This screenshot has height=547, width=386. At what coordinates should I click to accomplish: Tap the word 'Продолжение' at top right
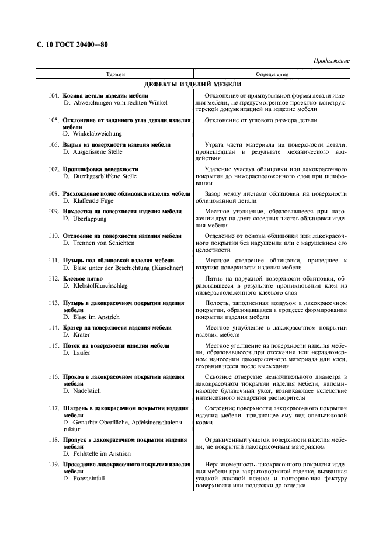[331, 61]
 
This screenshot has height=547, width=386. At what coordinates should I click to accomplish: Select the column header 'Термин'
[115, 75]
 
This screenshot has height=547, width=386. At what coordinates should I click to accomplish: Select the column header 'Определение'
[272, 75]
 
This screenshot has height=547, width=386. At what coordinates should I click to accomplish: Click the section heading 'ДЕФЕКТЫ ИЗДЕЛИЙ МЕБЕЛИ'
[193, 85]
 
